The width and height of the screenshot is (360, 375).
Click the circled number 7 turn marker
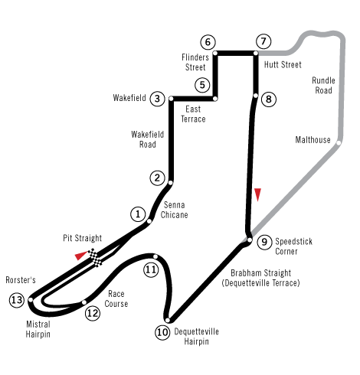click(263, 41)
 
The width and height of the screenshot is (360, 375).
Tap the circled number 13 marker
click(17, 300)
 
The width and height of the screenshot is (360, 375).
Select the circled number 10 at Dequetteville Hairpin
click(162, 332)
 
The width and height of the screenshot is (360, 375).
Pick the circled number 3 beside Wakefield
click(157, 99)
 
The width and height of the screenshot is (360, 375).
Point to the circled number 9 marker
click(264, 242)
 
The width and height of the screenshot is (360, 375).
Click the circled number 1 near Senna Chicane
click(138, 214)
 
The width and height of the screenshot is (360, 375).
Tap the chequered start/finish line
click(95, 258)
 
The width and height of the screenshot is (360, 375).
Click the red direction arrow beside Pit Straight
click(81, 256)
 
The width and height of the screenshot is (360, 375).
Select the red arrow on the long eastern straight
click(258, 195)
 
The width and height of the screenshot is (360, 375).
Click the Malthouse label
click(313, 140)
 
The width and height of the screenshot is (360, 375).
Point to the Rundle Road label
click(323, 86)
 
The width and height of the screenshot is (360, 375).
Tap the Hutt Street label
click(283, 64)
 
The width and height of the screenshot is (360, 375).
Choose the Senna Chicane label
click(174, 210)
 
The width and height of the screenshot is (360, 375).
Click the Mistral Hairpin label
click(38, 329)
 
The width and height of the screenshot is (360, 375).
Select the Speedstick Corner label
click(293, 246)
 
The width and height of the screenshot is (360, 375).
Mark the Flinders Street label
click(195, 62)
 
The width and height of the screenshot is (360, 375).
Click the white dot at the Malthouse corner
click(339, 143)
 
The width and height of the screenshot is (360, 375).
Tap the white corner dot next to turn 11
click(155, 256)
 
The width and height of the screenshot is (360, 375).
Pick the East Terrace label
click(193, 114)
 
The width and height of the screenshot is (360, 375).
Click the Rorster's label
click(21, 280)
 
